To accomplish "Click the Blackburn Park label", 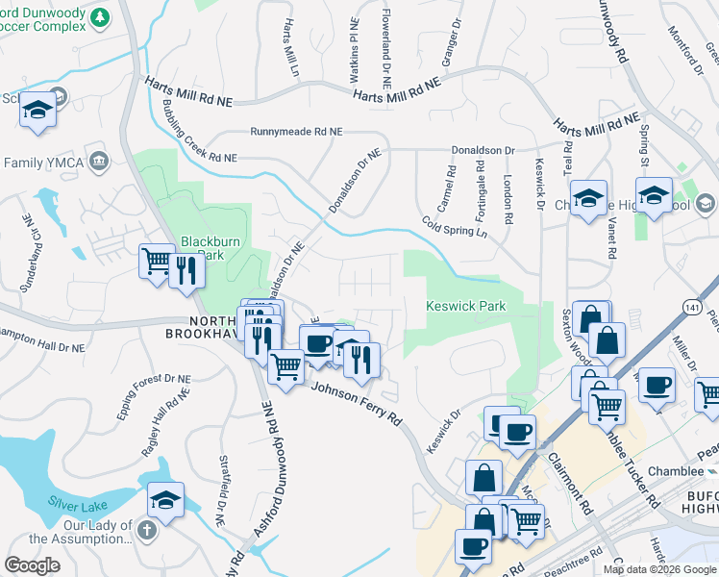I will (x=202, y=248).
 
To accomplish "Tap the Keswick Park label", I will (x=465, y=306).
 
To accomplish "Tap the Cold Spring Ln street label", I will (x=456, y=226).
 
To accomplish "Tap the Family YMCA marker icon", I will (x=97, y=161).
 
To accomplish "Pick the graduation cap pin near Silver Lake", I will (x=165, y=500).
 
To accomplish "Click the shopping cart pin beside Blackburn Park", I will (x=156, y=261).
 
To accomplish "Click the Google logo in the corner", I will (x=32, y=565).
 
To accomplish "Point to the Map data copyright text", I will (x=659, y=569).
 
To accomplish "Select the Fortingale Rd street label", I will (x=481, y=187).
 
